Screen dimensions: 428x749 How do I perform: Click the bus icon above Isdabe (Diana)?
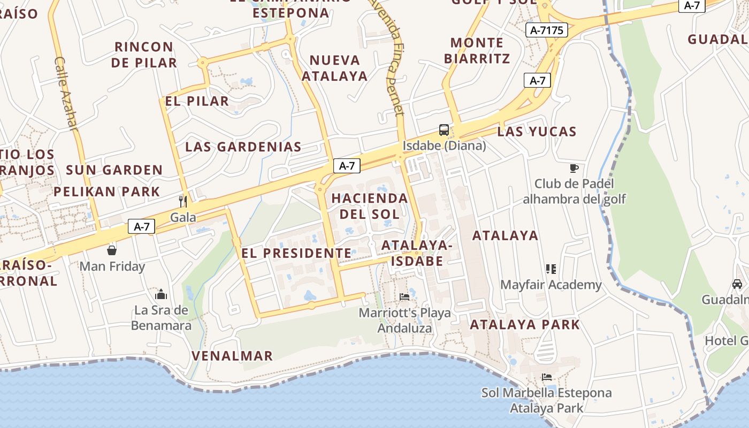(x=444, y=129)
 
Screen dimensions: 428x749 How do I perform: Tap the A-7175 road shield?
(x=546, y=30)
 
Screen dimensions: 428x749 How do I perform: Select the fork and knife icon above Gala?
(x=183, y=201)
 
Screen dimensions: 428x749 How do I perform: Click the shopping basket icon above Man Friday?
(x=112, y=250)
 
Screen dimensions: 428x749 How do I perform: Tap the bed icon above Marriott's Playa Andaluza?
(x=404, y=296)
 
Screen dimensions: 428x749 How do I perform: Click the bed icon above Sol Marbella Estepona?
(x=546, y=377)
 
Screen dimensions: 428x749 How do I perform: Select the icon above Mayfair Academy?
(x=551, y=269)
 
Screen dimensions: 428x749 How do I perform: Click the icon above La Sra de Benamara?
(x=161, y=294)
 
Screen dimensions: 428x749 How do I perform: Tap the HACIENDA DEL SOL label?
(x=370, y=206)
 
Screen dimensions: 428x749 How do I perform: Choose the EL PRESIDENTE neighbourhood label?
(x=296, y=253)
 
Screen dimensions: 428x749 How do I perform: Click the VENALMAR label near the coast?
(x=232, y=356)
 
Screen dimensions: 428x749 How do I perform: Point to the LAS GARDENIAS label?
(x=243, y=147)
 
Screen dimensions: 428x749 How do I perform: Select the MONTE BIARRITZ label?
(x=477, y=50)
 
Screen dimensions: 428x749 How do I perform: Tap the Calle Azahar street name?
(x=66, y=93)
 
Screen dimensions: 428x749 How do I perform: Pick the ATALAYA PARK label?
(x=525, y=324)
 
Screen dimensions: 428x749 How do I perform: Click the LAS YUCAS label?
(x=537, y=132)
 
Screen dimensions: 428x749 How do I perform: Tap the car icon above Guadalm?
(x=737, y=284)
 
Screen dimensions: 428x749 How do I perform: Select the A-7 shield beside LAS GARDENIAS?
(x=347, y=166)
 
